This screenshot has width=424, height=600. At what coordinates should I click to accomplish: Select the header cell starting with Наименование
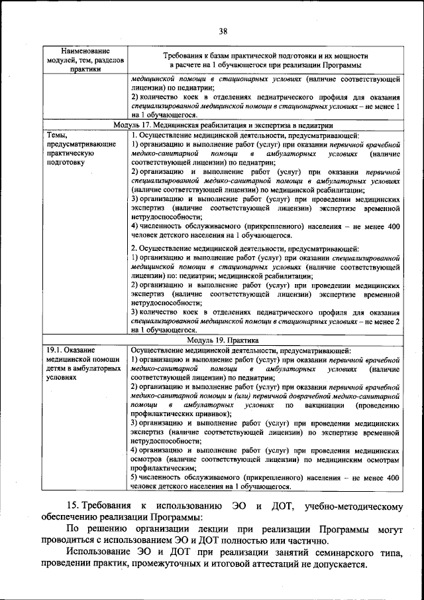pyautogui.click(x=85, y=60)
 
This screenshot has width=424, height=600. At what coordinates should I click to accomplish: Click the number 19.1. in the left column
pyautogui.click(x=55, y=350)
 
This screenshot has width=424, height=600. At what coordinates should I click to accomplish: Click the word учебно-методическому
pyautogui.click(x=353, y=508)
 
